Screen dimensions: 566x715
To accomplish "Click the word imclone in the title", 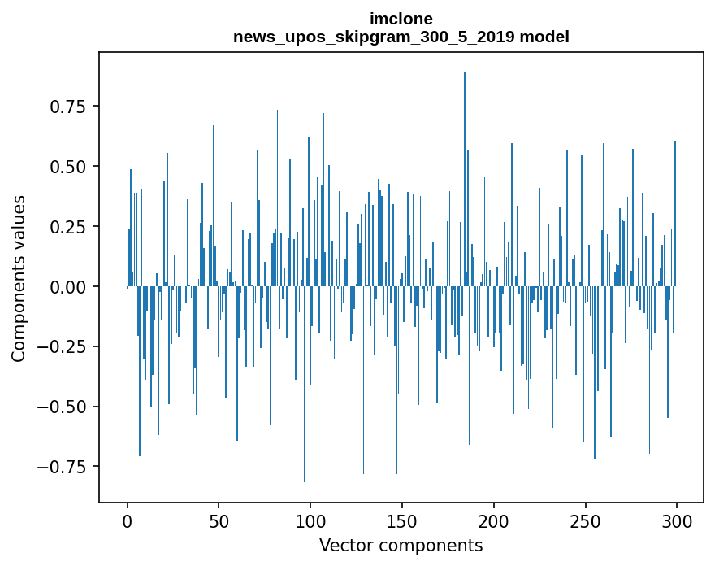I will pyautogui.click(x=401, y=19).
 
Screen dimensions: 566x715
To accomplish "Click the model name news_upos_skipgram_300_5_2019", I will pyautogui.click(x=380, y=37).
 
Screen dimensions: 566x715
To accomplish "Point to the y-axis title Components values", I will pyautogui.click(x=19, y=278).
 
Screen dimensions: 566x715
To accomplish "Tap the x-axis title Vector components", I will pyautogui.click(x=401, y=546).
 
